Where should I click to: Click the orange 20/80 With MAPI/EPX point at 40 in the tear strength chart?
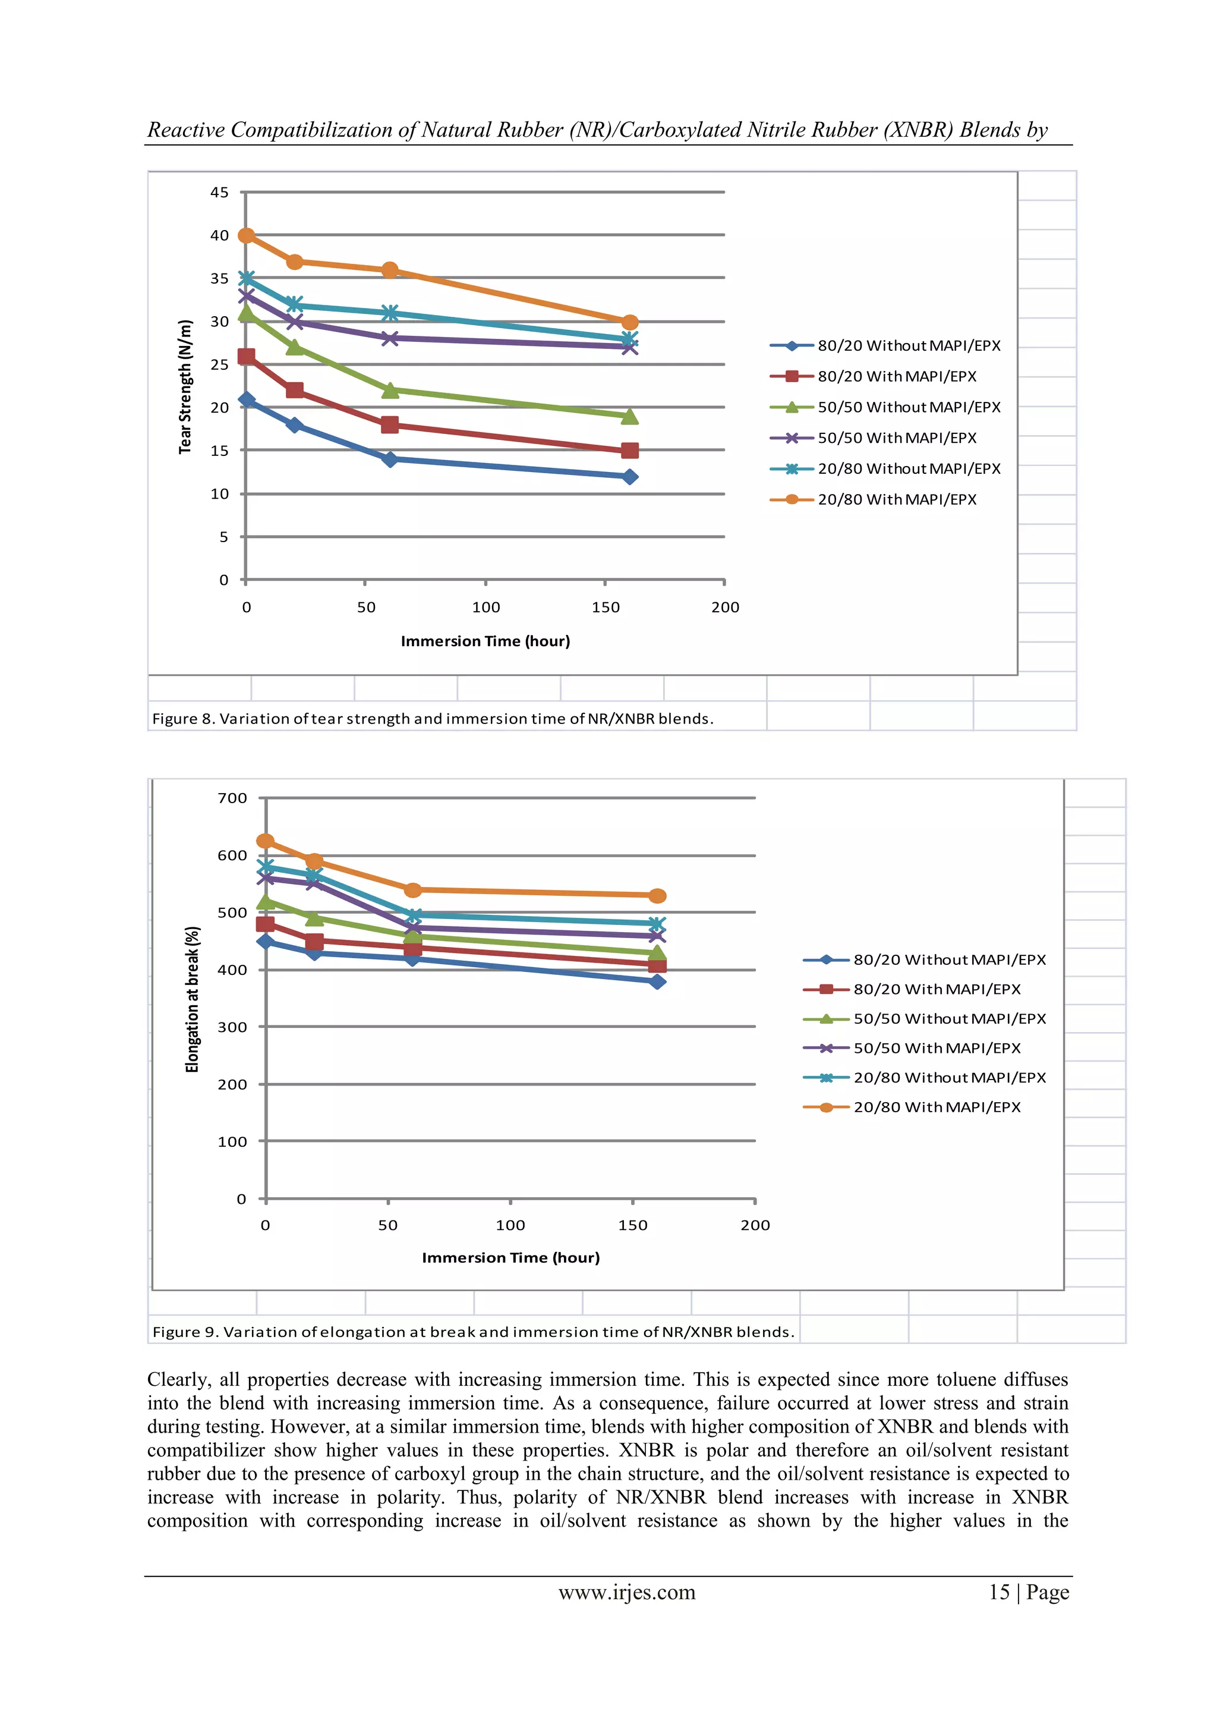pyautogui.click(x=247, y=235)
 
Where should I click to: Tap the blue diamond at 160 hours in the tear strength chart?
pyautogui.click(x=629, y=477)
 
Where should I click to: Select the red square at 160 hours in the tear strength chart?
pyautogui.click(x=629, y=451)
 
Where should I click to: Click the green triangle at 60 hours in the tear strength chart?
pyautogui.click(x=390, y=391)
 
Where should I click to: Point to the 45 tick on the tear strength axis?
pyautogui.click(x=219, y=193)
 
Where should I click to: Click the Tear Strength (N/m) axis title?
pyautogui.click(x=185, y=387)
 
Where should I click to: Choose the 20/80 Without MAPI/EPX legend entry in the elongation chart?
pyautogui.click(x=949, y=1077)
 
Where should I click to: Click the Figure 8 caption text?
pyautogui.click(x=433, y=718)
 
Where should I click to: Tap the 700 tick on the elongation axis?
pyautogui.click(x=232, y=798)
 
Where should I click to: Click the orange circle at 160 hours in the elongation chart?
pyautogui.click(x=657, y=896)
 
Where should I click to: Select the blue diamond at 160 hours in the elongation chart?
pyautogui.click(x=657, y=982)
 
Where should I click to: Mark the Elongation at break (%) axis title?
pyautogui.click(x=193, y=999)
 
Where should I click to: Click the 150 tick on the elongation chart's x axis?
pyautogui.click(x=632, y=1225)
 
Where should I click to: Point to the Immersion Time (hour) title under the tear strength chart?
pyautogui.click(x=485, y=641)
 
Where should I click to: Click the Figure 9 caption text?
pyautogui.click(x=473, y=1332)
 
